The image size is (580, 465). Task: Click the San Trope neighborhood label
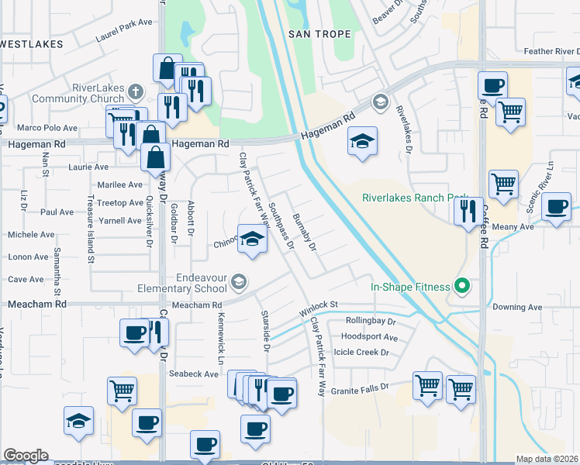319,34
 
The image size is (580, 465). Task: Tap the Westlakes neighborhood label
31,44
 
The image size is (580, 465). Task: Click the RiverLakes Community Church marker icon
136,90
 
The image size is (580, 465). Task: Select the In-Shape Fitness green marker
462,287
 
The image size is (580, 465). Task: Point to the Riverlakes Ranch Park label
413,197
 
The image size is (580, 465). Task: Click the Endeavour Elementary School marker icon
239,281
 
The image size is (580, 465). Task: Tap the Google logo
26,456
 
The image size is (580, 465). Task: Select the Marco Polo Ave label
47,128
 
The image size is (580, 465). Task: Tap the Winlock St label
319,308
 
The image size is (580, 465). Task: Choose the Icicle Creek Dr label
361,352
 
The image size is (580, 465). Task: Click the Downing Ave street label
520,307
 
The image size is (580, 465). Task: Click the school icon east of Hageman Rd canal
362,142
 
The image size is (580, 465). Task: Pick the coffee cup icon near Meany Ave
555,207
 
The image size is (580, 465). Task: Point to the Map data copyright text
547,459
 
